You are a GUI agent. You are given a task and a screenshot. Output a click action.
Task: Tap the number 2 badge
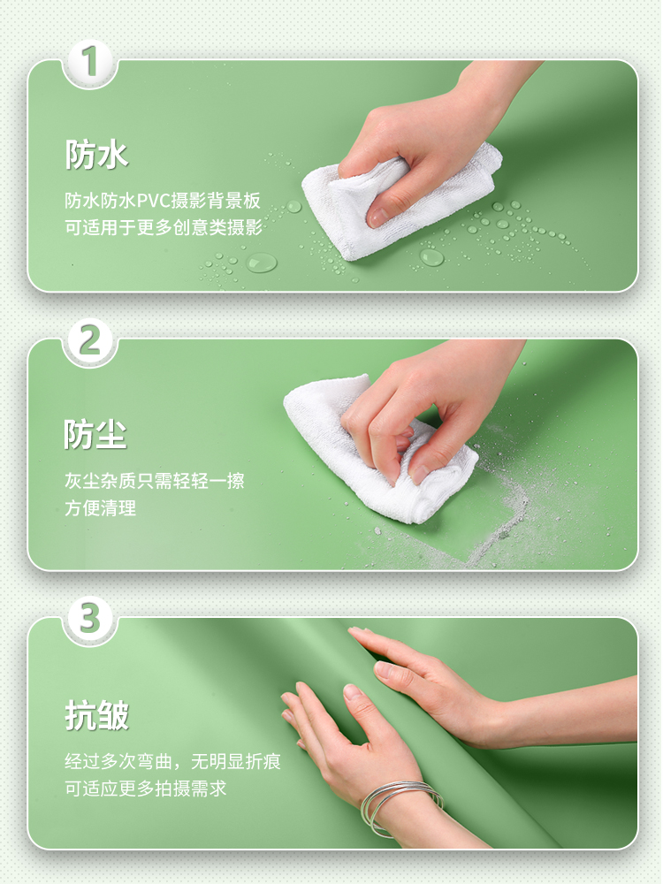point(90,339)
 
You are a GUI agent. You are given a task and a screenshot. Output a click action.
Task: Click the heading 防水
point(96,154)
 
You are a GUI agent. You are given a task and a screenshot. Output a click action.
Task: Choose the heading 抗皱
point(97,715)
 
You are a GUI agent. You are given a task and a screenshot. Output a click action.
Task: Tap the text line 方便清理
point(101,508)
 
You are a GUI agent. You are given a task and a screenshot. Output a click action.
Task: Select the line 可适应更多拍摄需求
point(146,789)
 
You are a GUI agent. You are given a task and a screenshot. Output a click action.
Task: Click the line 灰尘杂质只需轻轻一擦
point(155,481)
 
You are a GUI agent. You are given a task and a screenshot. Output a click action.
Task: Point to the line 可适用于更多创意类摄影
point(164,227)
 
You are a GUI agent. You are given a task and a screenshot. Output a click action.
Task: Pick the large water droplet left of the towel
point(262,263)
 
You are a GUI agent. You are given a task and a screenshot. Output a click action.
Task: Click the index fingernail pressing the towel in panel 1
point(377,217)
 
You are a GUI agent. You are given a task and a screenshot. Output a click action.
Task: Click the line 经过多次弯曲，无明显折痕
point(172,761)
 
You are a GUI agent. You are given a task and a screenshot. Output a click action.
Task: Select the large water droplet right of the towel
point(432,257)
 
